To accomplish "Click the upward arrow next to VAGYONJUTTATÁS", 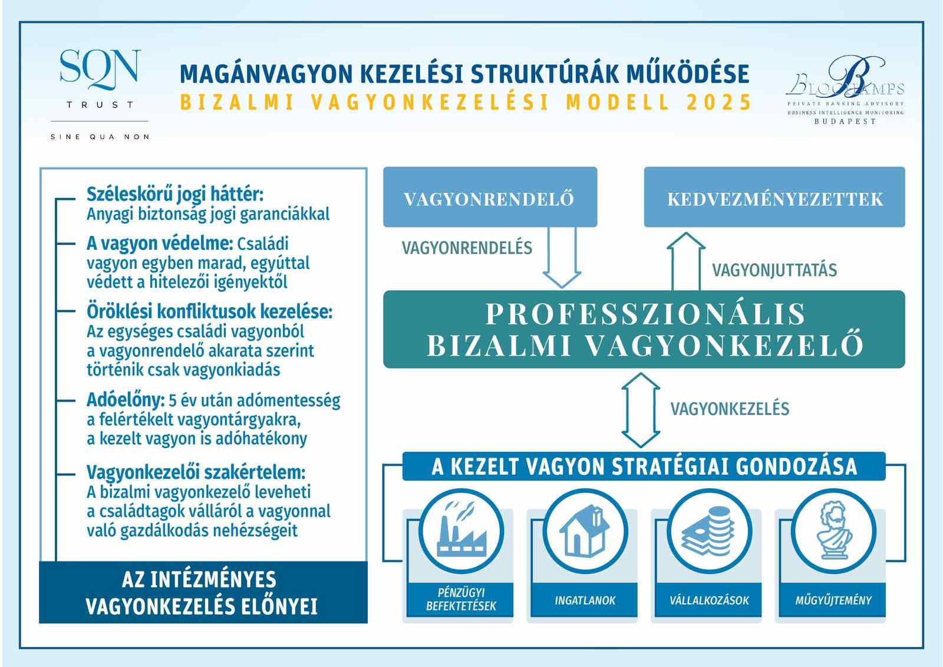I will tap(686, 259).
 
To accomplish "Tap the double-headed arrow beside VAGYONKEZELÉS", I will tap(641, 410).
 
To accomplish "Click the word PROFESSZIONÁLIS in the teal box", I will tap(645, 313).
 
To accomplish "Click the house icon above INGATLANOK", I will tap(585, 531).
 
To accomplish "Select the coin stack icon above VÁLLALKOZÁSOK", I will tap(709, 531).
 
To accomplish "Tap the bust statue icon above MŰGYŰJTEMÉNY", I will tap(833, 531).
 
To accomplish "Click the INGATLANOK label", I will tap(585, 600).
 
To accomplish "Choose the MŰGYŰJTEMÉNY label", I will tap(833, 600).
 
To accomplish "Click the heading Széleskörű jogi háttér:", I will tap(175, 193).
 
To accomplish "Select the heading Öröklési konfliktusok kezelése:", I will tap(209, 311).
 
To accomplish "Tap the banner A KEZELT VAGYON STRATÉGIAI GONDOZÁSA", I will tap(644, 466).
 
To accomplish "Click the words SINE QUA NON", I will tap(100, 137).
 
